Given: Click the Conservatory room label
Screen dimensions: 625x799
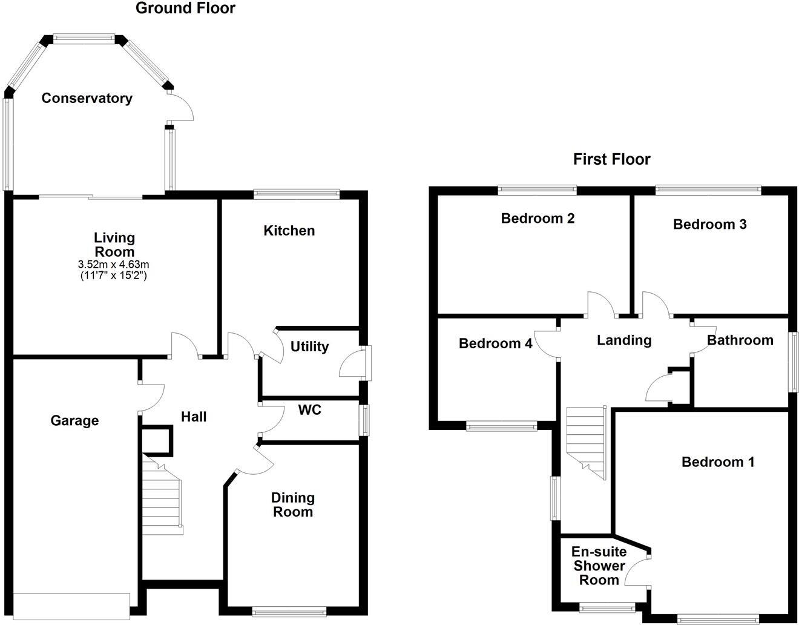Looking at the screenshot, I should coord(87,98).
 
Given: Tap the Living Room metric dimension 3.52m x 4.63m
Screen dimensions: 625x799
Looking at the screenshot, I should coord(114,264).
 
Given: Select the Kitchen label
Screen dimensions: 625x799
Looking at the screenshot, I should coord(289,231).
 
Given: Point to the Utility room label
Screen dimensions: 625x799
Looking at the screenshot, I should coord(309,346).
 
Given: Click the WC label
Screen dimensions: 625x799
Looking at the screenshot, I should coord(309,410).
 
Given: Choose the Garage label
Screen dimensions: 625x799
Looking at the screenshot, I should coord(74,420).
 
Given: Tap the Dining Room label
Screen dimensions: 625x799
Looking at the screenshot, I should coord(292,504).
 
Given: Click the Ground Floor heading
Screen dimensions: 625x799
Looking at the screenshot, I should coord(185,8).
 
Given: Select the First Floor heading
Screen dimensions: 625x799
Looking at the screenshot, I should coord(611,159).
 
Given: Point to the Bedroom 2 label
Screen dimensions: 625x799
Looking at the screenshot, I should coord(538,218).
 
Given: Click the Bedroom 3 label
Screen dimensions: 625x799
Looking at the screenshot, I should coord(709,224).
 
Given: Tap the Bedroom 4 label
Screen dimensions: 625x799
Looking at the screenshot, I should coord(495,343).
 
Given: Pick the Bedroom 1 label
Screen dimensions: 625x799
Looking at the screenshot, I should coord(718,462).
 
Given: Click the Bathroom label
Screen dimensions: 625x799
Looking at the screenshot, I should coord(740,340).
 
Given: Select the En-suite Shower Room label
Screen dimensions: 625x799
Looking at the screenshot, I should coord(599,566).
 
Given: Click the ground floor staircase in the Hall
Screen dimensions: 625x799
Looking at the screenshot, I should coord(162,494).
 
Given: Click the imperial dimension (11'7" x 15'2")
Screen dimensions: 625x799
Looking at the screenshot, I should coord(114,276).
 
